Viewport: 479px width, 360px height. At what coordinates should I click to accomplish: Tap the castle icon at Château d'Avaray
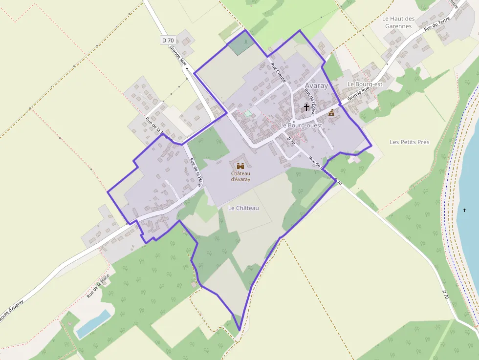(x=240, y=166)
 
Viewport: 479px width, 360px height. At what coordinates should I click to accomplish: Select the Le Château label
(x=243, y=208)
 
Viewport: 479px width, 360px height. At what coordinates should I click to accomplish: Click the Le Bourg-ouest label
(x=301, y=126)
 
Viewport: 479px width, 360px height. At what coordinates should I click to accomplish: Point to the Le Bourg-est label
(x=365, y=84)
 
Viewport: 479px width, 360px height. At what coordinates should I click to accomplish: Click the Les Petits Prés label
(x=410, y=142)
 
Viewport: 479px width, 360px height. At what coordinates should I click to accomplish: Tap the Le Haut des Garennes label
(x=398, y=22)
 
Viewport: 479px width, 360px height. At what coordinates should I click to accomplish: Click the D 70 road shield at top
(x=168, y=40)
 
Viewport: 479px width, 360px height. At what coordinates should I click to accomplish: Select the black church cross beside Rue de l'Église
(x=306, y=107)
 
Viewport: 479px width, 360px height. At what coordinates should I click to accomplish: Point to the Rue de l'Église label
(x=310, y=102)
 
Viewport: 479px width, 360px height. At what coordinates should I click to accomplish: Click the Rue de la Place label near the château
(x=196, y=173)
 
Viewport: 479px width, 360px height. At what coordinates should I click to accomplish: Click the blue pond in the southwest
(x=93, y=324)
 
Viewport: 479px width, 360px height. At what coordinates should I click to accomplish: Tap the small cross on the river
(x=464, y=210)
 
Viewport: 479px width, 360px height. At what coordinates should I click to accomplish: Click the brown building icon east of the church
(x=331, y=112)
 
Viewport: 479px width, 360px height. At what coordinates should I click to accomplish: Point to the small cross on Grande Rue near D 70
(x=187, y=69)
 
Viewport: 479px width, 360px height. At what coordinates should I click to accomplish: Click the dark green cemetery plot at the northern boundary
(x=241, y=44)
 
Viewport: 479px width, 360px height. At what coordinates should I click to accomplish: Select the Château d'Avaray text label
(x=240, y=176)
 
